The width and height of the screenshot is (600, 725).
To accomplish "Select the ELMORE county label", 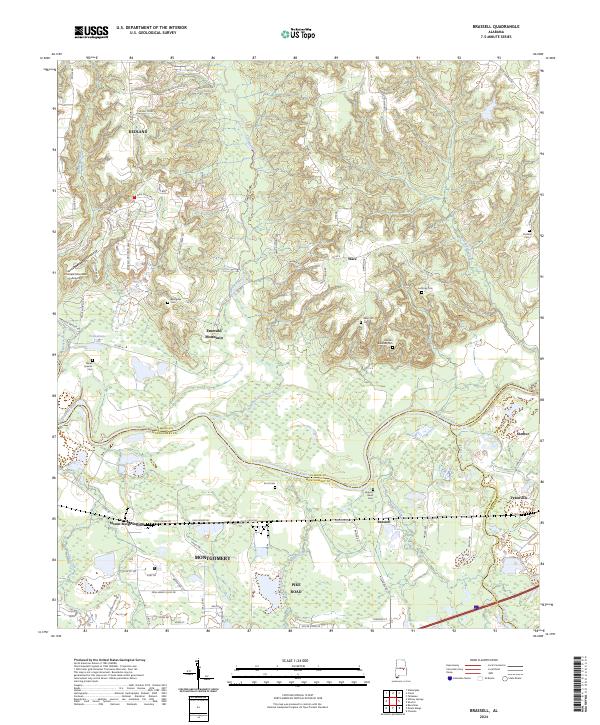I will click(144, 131).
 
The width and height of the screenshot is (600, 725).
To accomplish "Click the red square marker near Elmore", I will click(134, 198).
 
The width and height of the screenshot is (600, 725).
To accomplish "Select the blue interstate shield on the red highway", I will click(477, 606).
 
